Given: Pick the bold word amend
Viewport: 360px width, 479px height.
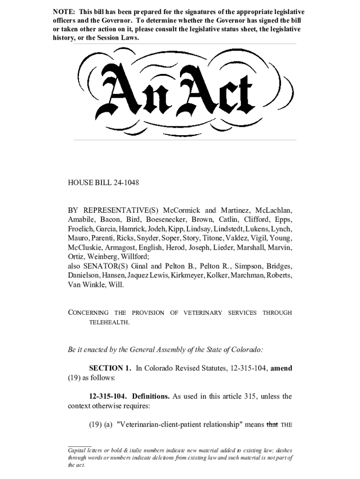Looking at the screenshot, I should tap(281, 368).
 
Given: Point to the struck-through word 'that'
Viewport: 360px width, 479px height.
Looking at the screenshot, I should tap(272, 424).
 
